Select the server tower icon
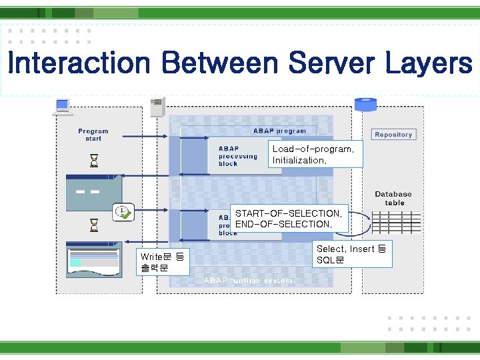point(158,107)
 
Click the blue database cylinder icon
point(365,105)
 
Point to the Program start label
point(93,135)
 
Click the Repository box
point(393,135)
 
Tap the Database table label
point(393,198)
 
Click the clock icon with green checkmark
point(123,212)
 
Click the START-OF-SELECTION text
point(288,213)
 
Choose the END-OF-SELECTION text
point(283,225)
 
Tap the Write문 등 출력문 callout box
point(163,262)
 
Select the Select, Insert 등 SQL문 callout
point(351,254)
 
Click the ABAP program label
point(279,131)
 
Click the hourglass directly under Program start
point(94,161)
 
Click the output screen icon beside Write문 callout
point(94,261)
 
